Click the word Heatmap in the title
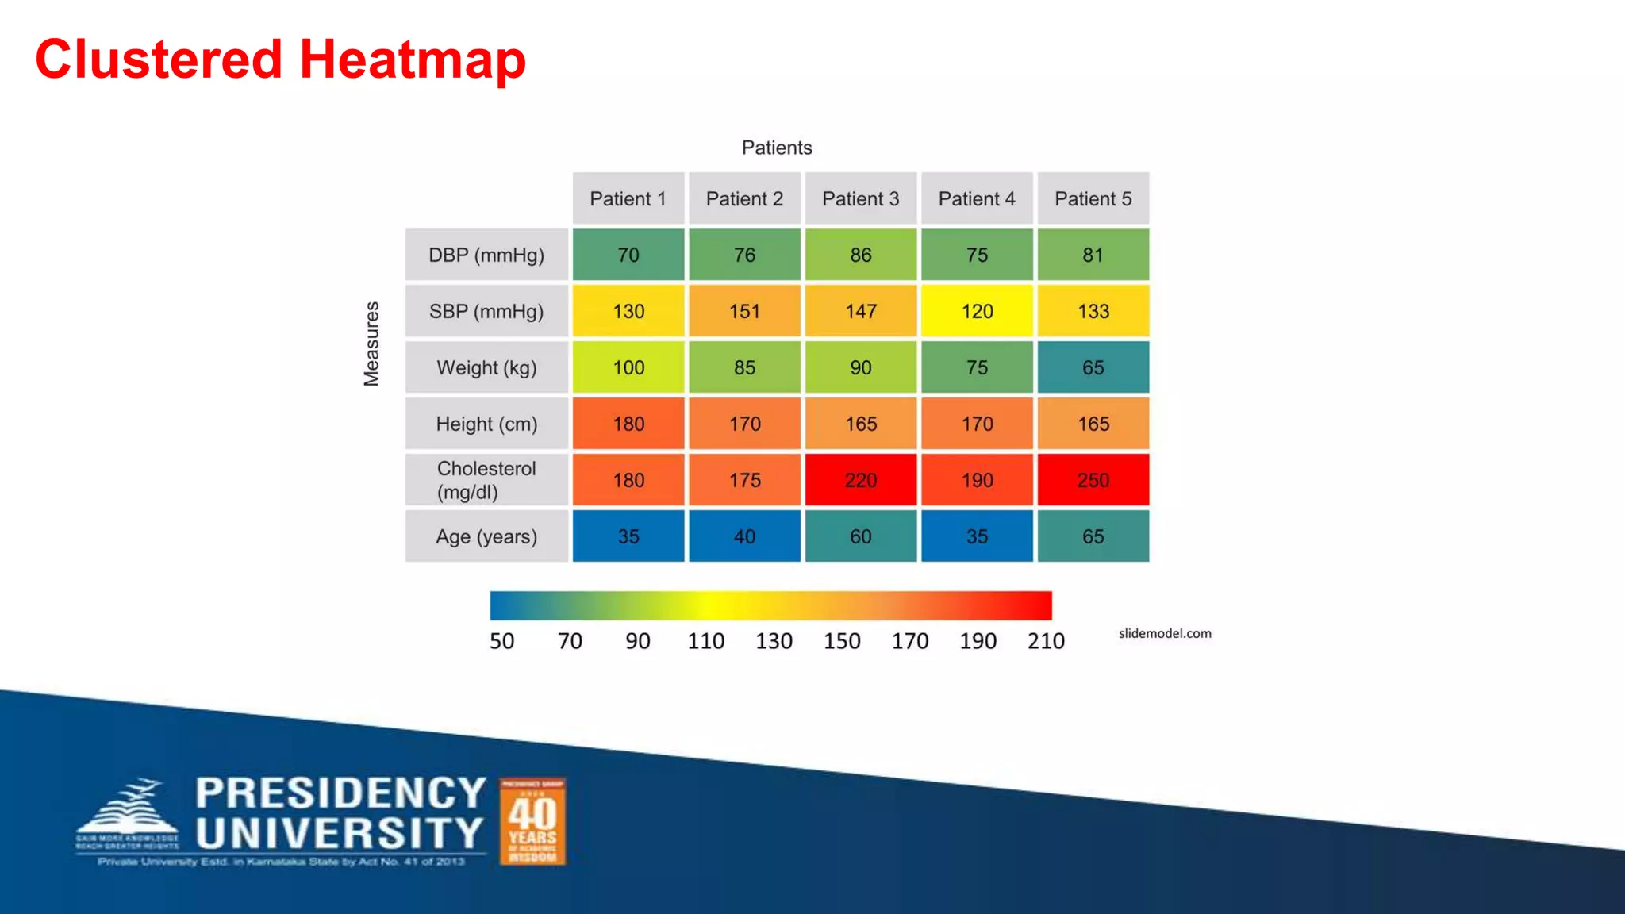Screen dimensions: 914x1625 (x=413, y=60)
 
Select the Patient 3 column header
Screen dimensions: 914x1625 (x=860, y=198)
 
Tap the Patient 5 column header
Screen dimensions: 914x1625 (x=1093, y=198)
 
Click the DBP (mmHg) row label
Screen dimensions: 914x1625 (x=486, y=255)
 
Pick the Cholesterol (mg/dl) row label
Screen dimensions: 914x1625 (x=486, y=480)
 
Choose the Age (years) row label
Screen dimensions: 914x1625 (x=486, y=536)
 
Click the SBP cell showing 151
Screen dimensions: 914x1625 (x=744, y=311)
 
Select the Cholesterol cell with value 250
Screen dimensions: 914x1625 (x=1093, y=480)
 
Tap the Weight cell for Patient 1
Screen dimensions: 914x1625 (x=628, y=367)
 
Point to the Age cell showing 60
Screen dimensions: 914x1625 (x=860, y=536)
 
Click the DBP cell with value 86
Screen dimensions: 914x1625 (x=860, y=255)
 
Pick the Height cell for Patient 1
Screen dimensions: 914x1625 (x=628, y=424)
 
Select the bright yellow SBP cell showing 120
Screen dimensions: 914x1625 (x=977, y=311)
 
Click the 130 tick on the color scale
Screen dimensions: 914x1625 (x=774, y=641)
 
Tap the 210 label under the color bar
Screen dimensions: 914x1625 (x=1046, y=641)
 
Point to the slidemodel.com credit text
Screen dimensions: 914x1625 (x=1165, y=633)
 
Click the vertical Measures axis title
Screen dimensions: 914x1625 (x=371, y=344)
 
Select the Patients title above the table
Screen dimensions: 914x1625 (x=777, y=148)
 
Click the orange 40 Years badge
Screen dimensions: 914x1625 (x=532, y=821)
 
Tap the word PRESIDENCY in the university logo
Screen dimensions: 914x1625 (x=340, y=793)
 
